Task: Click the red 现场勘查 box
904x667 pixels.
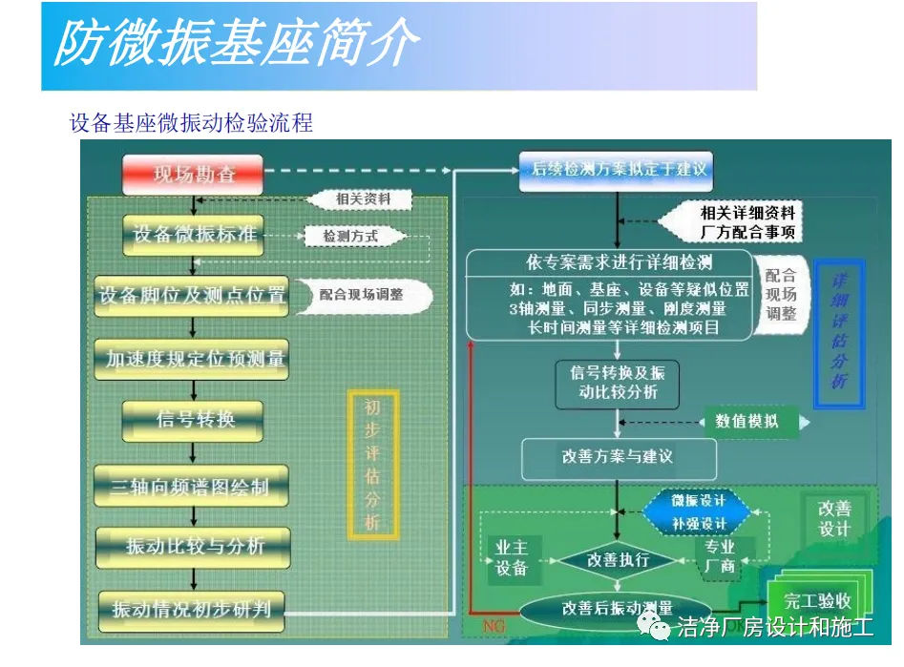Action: click(193, 174)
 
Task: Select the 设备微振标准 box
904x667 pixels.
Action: click(194, 235)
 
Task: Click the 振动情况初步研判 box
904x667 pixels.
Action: click(191, 609)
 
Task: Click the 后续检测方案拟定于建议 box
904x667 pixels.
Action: click(617, 170)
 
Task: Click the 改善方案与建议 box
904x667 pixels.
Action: click(618, 457)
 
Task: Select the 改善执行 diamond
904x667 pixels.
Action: click(618, 559)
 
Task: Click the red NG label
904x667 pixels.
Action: click(494, 627)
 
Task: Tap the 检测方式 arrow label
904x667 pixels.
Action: click(351, 236)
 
